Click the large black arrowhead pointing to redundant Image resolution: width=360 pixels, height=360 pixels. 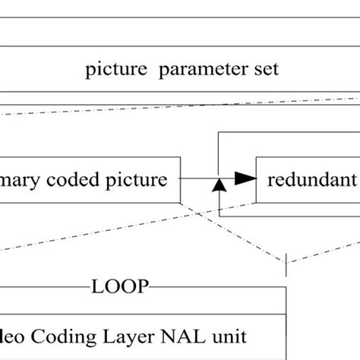243,178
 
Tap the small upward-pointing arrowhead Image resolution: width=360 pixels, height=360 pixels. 218,185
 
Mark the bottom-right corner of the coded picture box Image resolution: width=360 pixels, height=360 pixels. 180,203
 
